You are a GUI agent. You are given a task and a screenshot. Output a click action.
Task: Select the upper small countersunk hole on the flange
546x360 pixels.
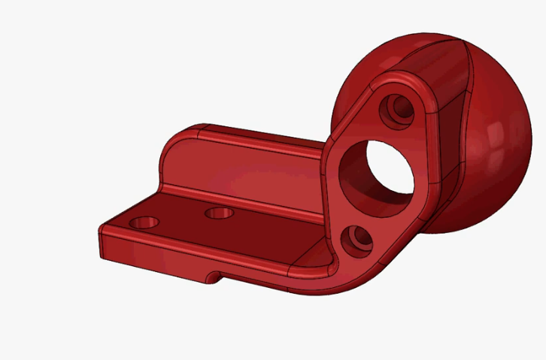(396, 110)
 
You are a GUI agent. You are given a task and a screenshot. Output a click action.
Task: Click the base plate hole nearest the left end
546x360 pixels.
(144, 223)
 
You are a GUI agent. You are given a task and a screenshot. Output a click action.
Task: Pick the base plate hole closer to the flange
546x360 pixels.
(220, 213)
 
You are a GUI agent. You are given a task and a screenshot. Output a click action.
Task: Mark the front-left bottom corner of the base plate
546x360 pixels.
(102, 256)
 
